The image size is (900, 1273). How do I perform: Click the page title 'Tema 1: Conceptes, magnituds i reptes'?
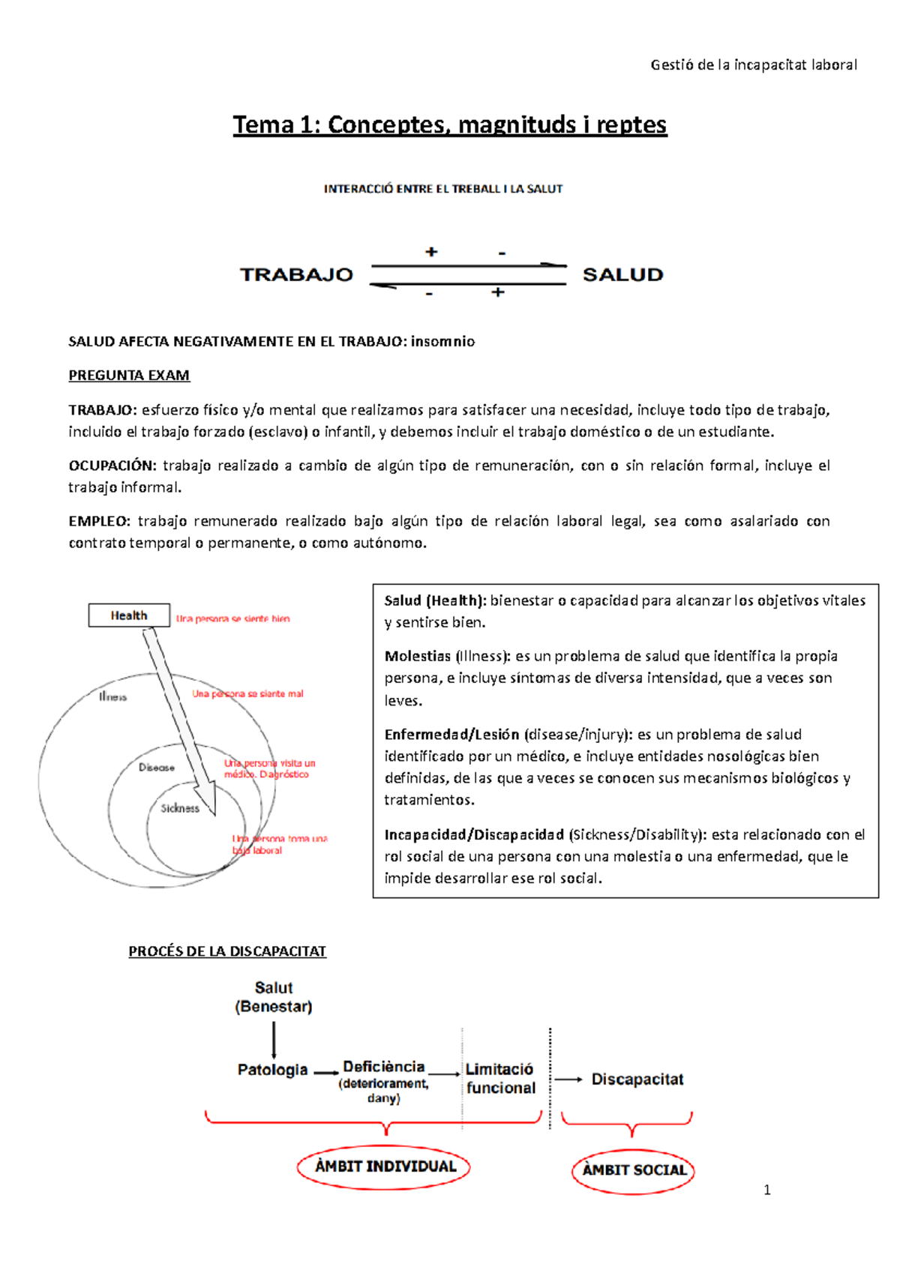tap(449, 124)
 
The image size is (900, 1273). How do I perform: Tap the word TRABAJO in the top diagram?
tap(296, 275)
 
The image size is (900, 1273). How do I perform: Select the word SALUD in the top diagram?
tap(622, 275)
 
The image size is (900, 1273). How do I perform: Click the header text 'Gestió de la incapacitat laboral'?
tap(753, 65)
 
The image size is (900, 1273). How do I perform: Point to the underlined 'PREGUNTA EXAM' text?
tap(129, 376)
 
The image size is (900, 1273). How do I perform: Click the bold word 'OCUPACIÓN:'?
tap(112, 466)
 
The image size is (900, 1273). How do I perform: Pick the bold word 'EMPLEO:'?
tap(100, 521)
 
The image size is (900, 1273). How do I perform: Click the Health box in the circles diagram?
tap(129, 616)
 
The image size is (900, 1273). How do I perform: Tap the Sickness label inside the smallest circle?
tap(180, 808)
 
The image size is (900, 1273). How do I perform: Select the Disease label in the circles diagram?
tap(157, 768)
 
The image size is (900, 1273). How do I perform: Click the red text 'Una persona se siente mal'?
tap(247, 694)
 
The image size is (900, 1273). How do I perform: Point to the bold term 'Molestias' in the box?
tap(418, 656)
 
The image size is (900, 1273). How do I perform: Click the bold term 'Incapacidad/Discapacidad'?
tap(474, 834)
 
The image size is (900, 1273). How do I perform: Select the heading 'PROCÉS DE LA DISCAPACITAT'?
tap(227, 951)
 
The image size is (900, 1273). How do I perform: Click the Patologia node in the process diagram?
tap(272, 1070)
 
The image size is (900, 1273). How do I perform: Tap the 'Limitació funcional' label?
tap(500, 1079)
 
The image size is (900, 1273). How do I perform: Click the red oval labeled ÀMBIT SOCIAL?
tap(634, 1170)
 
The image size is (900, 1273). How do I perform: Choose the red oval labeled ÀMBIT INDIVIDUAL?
tap(384, 1167)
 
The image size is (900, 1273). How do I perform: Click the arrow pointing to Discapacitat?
tap(568, 1080)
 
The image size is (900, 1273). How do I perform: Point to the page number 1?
tap(766, 1190)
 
